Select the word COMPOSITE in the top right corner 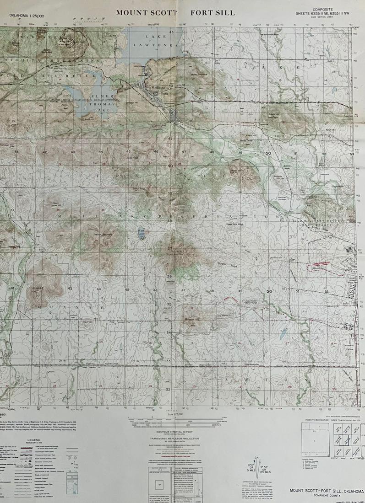click(x=322, y=9)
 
